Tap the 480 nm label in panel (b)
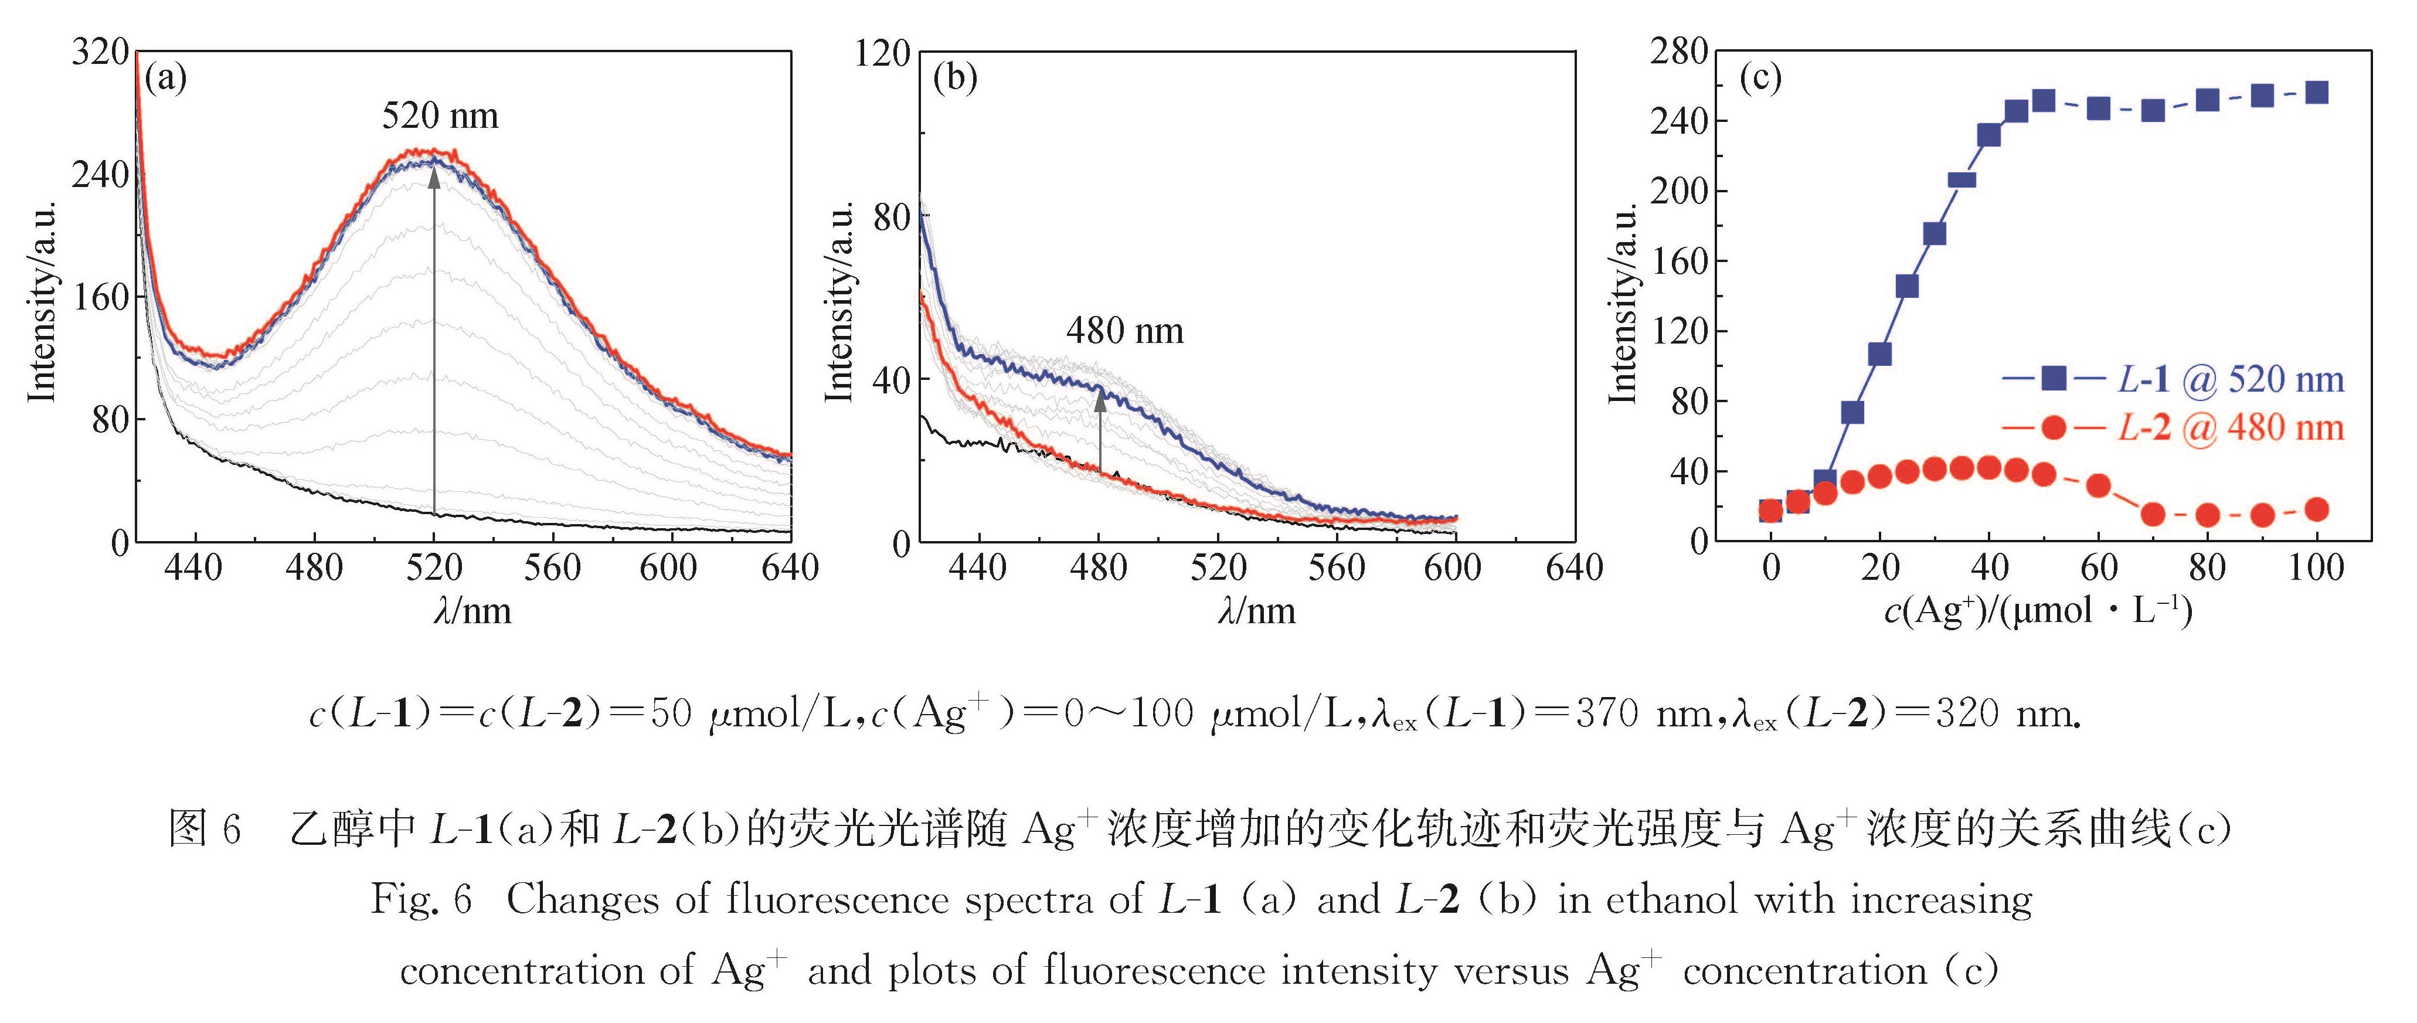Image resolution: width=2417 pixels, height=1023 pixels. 1125,331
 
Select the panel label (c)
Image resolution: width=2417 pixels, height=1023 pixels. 1760,77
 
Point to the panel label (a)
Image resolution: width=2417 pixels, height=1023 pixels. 166,77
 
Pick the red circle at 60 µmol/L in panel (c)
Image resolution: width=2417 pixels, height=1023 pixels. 2099,485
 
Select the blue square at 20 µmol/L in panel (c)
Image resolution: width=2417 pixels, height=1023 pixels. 1879,354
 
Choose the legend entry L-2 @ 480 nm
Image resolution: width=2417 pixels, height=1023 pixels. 2230,428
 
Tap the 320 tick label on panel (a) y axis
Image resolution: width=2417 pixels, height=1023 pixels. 100,52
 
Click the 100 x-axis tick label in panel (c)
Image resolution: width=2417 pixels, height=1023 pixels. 2316,568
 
